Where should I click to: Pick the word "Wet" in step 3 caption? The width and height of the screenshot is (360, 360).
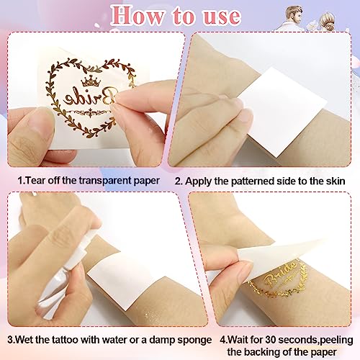click(30, 338)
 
